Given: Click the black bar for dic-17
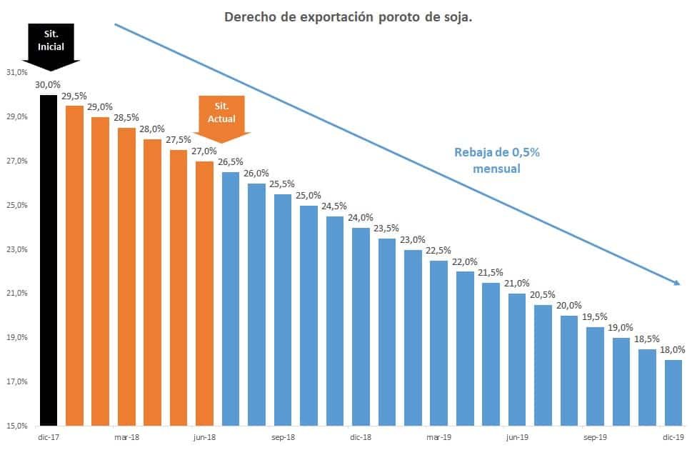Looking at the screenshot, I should (x=48, y=261).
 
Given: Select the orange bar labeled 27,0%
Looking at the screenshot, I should (x=204, y=294).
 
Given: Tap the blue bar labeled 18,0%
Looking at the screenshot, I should (x=673, y=393).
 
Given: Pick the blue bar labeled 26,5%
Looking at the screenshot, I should (x=231, y=299).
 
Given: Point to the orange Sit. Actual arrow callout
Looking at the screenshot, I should (x=221, y=114).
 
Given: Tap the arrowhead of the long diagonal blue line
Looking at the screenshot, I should (x=677, y=284).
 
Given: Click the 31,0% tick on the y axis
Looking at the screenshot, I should (x=16, y=73).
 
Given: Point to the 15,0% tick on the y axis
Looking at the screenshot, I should (x=16, y=426).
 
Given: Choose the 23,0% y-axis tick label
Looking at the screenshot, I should (x=16, y=250).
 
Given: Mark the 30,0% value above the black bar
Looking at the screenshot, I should (x=47, y=84).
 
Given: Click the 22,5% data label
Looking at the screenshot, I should (x=438, y=250).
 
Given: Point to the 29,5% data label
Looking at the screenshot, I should (x=74, y=96).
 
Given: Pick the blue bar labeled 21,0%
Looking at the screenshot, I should (x=517, y=360).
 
